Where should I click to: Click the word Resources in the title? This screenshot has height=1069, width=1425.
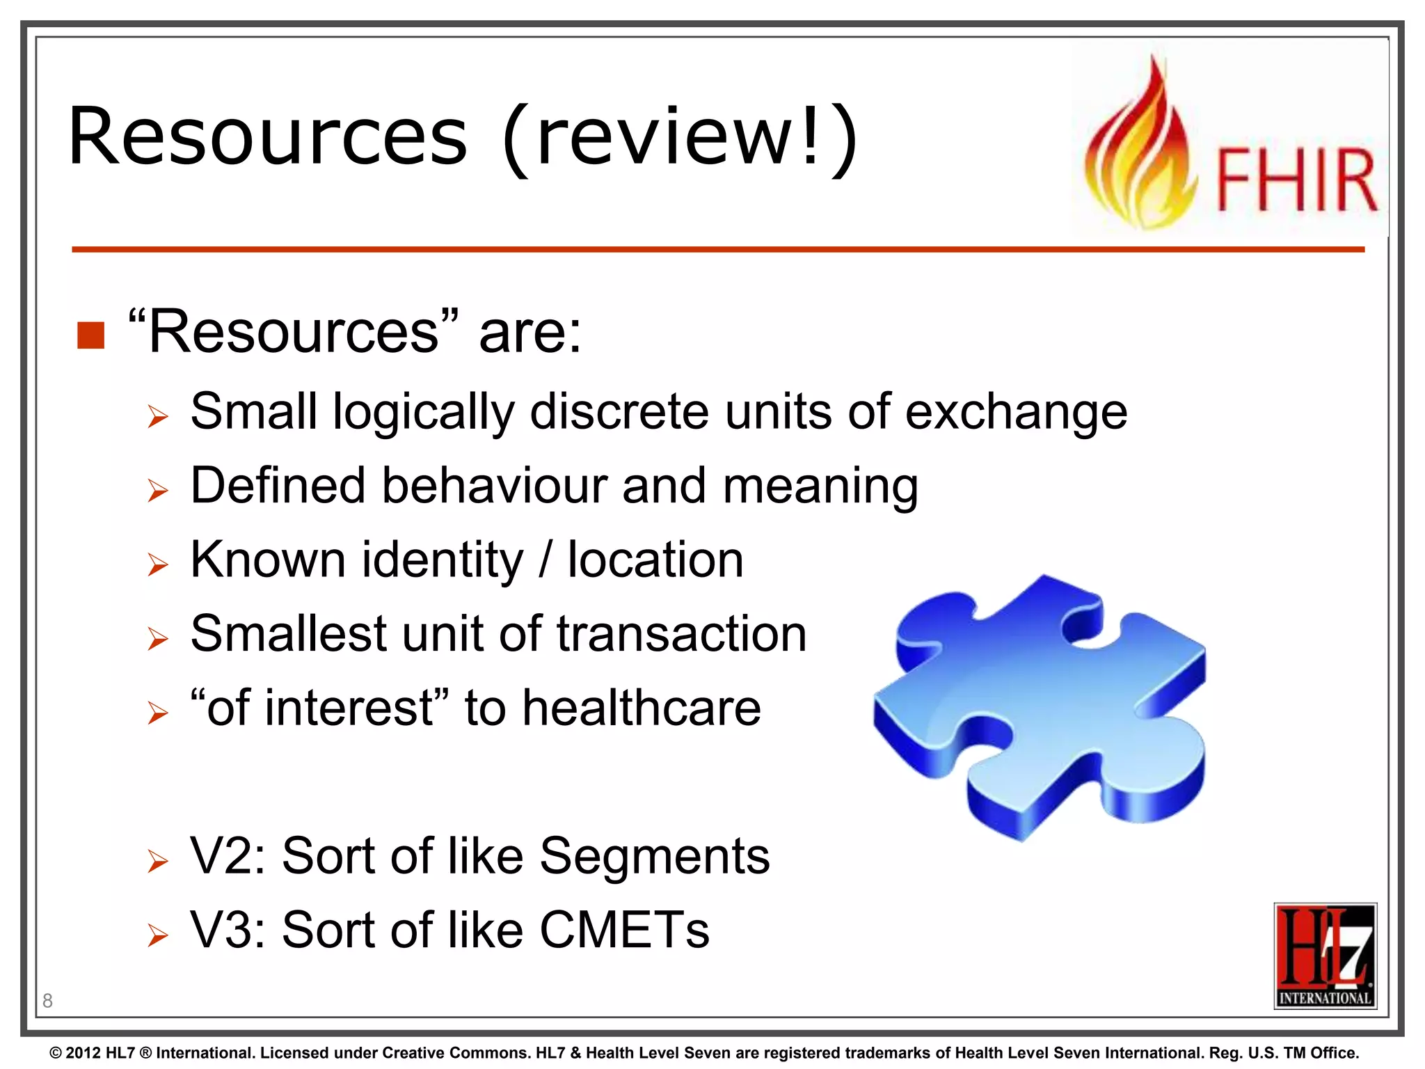click(x=268, y=137)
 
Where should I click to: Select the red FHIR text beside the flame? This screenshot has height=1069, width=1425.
click(x=1296, y=180)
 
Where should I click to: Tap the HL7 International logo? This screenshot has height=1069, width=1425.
click(x=1324, y=955)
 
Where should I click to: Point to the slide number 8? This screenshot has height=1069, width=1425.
click(x=47, y=1001)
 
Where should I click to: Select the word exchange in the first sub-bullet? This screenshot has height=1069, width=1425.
click(x=1016, y=412)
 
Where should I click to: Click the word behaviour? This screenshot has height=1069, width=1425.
click(x=494, y=486)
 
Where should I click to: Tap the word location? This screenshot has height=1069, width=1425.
click(x=655, y=560)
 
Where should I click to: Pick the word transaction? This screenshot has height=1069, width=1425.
click(x=681, y=634)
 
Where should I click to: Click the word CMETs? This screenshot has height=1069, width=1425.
click(x=624, y=931)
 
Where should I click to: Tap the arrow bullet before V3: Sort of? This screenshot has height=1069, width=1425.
click(x=158, y=935)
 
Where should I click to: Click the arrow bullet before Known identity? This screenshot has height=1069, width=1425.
click(x=158, y=564)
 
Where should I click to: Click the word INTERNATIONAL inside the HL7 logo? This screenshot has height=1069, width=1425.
click(x=1325, y=998)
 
